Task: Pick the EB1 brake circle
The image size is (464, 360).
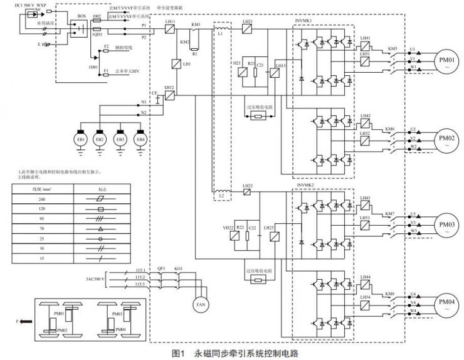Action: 80,139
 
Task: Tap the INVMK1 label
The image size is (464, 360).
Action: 305,21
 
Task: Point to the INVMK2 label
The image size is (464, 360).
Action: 305,186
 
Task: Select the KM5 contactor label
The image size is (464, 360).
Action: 392,48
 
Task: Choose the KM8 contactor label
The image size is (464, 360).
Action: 392,294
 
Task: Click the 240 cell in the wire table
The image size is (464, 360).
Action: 43,198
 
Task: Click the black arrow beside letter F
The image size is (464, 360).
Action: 26,320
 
